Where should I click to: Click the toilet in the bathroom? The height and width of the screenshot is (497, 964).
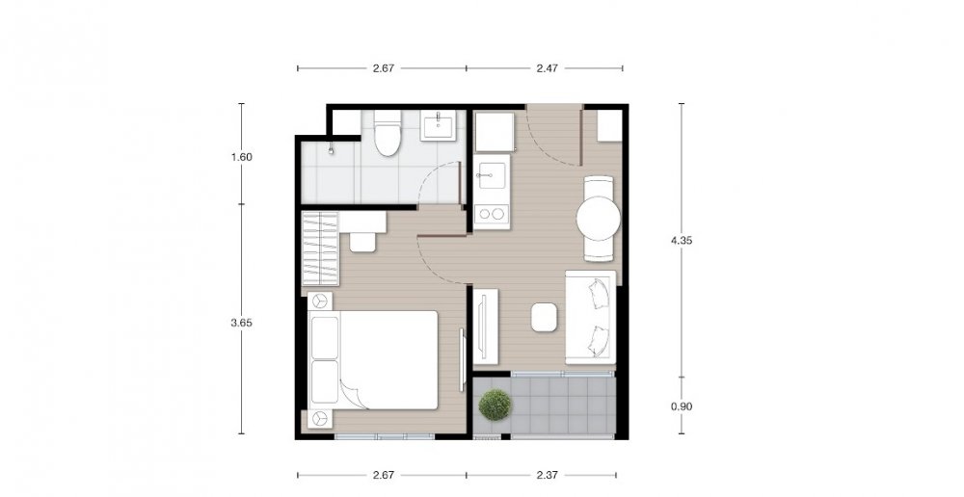tap(388, 133)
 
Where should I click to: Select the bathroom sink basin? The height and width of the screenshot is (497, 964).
tap(439, 125)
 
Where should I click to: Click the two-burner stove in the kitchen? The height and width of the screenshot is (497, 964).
tap(492, 214)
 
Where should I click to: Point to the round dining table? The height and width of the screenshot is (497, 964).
tap(599, 219)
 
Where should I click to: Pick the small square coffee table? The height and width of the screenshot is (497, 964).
tap(544, 318)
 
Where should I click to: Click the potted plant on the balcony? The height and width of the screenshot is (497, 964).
tap(495, 405)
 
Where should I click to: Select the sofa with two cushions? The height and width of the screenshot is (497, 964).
tap(590, 317)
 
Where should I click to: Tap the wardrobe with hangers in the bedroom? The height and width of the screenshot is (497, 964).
tap(320, 248)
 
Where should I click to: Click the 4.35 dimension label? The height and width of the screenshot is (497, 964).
tap(682, 241)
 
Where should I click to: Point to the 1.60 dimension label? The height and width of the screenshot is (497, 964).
tap(241, 157)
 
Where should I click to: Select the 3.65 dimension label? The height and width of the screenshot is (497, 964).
tap(241, 323)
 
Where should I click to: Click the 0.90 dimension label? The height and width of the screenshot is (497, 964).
tap(682, 406)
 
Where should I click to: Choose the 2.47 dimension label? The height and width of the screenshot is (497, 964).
tap(547, 68)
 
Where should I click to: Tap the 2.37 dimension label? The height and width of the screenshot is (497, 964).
tap(547, 474)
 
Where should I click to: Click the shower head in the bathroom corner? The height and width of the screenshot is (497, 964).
tap(331, 148)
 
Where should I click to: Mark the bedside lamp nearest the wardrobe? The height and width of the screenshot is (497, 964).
tap(319, 301)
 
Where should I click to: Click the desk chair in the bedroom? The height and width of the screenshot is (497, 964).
tap(362, 242)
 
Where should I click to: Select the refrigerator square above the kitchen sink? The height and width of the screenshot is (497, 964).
tap(495, 131)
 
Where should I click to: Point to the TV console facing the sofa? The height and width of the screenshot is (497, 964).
tap(486, 327)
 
